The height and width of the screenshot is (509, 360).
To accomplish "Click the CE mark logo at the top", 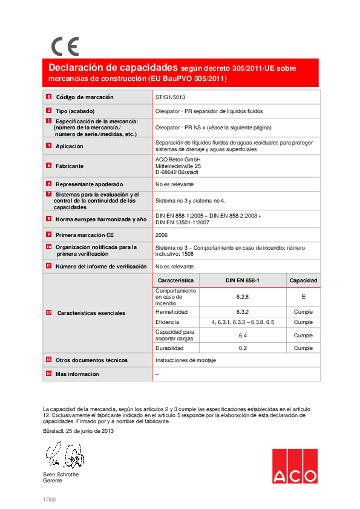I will click(x=64, y=47).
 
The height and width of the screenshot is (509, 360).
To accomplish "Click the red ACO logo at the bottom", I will click(x=294, y=466).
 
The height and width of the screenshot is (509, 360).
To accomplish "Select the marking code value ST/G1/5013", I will click(x=170, y=97).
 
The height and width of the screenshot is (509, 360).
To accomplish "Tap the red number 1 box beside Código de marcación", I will click(x=48, y=97).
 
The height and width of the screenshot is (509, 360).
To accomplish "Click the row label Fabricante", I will click(x=70, y=166).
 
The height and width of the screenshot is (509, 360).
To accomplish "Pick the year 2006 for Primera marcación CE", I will click(x=162, y=235).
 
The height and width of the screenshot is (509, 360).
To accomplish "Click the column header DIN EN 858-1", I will click(x=242, y=280).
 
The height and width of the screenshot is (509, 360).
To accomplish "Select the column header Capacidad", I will click(x=303, y=280).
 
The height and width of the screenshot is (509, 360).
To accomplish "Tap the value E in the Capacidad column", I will click(x=303, y=297).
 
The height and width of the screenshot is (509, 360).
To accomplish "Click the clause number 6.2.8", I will click(x=242, y=297).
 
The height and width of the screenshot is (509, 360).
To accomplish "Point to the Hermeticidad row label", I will click(x=172, y=312).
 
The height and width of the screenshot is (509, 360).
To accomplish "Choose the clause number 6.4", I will click(x=242, y=335).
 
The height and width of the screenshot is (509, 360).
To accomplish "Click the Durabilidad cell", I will click(x=170, y=348).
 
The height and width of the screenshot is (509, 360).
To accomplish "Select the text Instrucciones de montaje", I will click(x=186, y=360).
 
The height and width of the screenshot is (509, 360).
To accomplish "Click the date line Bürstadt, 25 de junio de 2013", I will click(x=78, y=431).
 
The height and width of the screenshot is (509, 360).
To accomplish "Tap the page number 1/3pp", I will click(x=50, y=499).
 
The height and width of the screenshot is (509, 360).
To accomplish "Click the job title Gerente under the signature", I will click(x=53, y=481).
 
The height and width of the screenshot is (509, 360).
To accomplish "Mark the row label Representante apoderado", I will click(x=89, y=184).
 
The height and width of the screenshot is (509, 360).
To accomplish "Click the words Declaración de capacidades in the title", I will click(x=113, y=68).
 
